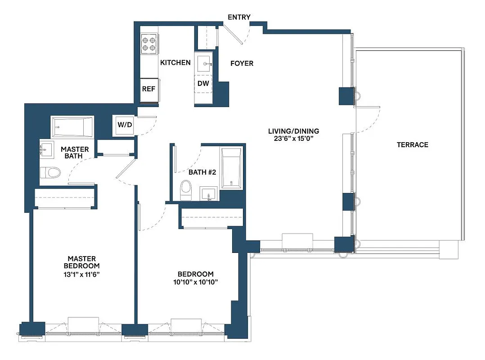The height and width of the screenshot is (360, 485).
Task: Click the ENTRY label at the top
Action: pyautogui.click(x=239, y=17)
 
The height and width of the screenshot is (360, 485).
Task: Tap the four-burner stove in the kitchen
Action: pyautogui.click(x=149, y=43)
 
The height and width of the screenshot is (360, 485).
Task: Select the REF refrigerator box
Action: pyautogui.click(x=148, y=89)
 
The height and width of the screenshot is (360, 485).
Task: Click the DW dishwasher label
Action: pyautogui.click(x=203, y=83)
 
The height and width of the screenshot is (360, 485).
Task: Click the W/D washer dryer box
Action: pyautogui.click(x=125, y=125)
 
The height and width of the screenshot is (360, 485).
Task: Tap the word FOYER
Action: pyautogui.click(x=242, y=63)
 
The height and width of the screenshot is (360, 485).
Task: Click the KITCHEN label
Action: pyautogui.click(x=175, y=63)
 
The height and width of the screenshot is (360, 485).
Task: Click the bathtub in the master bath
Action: pyautogui.click(x=72, y=127)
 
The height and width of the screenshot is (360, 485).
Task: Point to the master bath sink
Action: pyautogui.click(x=46, y=150)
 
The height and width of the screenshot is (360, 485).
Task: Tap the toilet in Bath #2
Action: pyautogui.click(x=185, y=190)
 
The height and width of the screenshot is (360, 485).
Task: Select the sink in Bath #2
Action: pyautogui.click(x=209, y=194)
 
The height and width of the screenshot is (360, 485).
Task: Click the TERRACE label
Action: pyautogui.click(x=412, y=144)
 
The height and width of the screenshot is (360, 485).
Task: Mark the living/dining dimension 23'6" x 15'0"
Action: pyautogui.click(x=293, y=139)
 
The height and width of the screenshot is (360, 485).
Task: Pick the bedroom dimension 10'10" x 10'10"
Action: pyautogui.click(x=195, y=282)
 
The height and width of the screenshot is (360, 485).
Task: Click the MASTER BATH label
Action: pyautogui.click(x=75, y=153)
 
